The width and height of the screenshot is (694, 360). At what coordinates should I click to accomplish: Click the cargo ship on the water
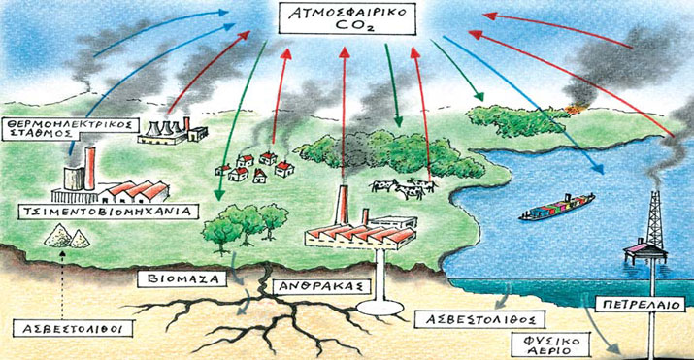tap(557, 210)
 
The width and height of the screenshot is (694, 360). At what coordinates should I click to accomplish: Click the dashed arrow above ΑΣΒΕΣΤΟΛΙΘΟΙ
tap(60, 281)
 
